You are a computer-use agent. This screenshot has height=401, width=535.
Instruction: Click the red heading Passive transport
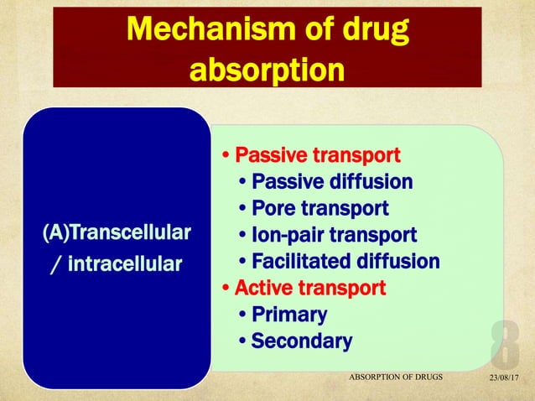(317, 156)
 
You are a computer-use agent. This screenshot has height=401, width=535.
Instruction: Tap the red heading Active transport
(310, 288)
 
